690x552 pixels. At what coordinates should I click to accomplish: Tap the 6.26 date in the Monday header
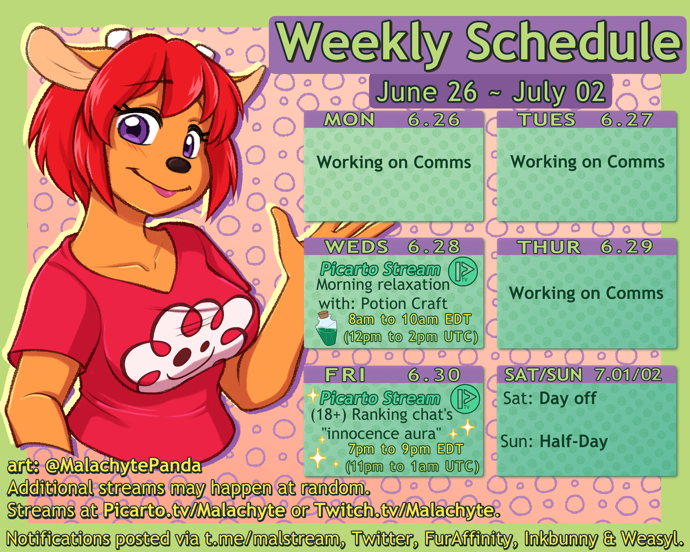[434, 120]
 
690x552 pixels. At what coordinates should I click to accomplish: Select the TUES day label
[547, 120]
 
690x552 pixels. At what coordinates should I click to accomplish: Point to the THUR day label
[549, 247]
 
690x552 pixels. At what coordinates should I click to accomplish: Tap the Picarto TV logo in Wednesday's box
[463, 271]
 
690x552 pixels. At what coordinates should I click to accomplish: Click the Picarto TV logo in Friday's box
[465, 399]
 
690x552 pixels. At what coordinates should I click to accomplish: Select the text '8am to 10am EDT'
[410, 319]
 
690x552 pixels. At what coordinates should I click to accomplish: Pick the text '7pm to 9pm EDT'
[406, 449]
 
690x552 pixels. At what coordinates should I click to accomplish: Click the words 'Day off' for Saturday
[568, 398]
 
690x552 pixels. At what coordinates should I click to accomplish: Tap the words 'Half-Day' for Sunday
[574, 442]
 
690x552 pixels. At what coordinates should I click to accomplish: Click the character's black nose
[178, 164]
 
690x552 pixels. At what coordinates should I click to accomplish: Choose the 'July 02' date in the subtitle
[558, 92]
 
